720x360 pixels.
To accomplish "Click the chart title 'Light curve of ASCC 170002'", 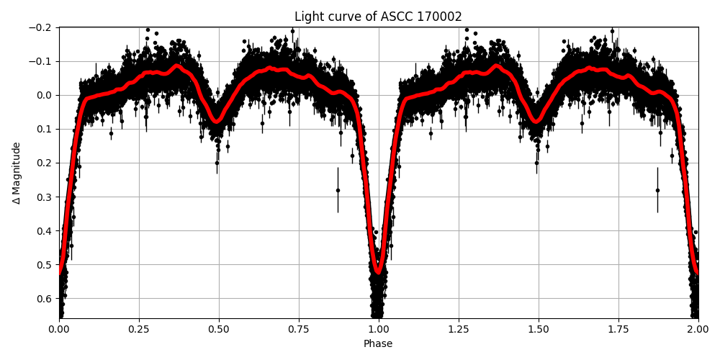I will (378, 17).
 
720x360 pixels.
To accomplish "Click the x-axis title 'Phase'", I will (378, 344).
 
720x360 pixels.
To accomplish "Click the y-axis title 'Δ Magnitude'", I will (17, 173).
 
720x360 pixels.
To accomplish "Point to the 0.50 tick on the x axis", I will (219, 328).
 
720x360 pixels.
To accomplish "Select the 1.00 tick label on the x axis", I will (378, 328).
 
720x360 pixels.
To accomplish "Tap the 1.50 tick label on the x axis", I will (538, 328).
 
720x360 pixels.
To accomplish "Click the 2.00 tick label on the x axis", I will (698, 328).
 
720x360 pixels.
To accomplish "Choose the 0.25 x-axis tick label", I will (139, 328).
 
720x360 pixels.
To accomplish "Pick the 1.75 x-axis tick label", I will (618, 328).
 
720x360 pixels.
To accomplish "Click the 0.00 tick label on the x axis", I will (59, 328).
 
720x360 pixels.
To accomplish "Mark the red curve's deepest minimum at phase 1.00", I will (378, 271).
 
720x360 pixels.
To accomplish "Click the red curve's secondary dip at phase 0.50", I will (216, 121).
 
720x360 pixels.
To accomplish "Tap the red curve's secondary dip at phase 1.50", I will (536, 121).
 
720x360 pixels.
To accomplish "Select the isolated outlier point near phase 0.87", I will (338, 190).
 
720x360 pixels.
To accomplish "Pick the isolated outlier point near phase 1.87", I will (657, 190).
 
